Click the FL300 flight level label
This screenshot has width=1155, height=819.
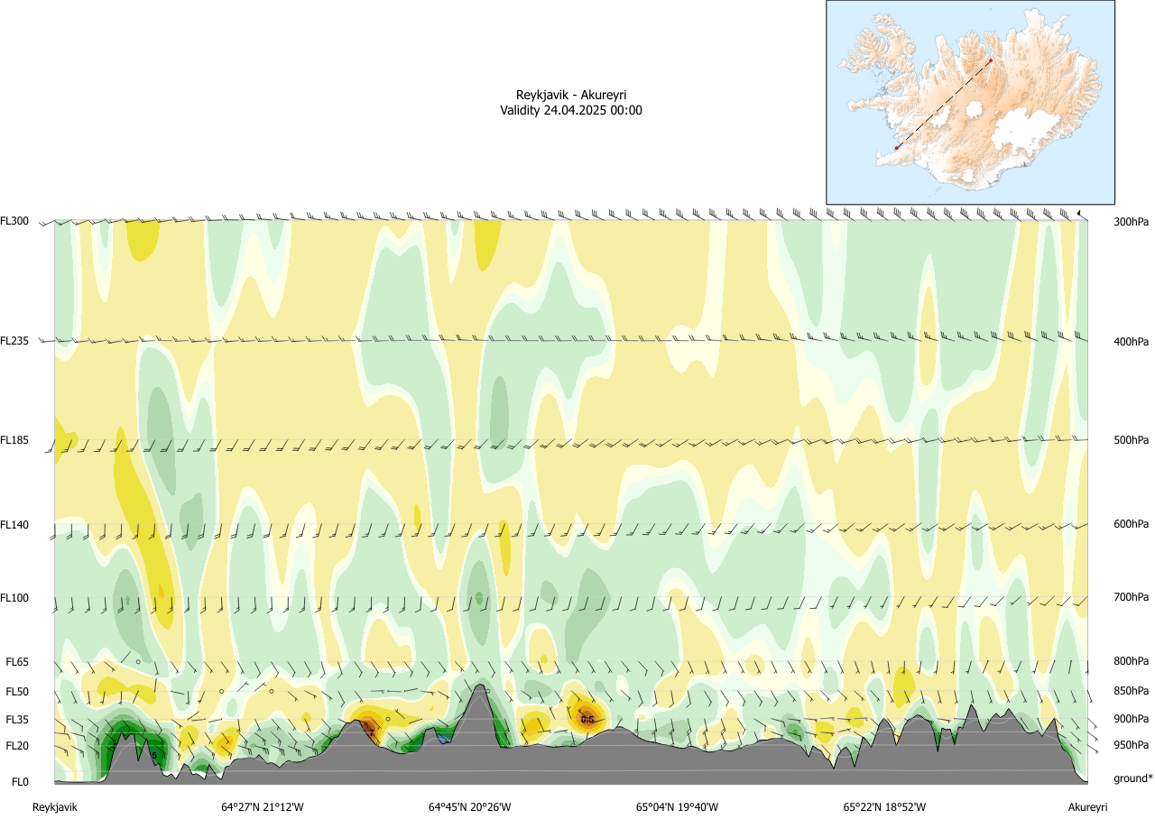(15, 221)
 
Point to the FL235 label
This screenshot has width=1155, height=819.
(15, 341)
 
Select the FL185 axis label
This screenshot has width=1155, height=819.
(15, 440)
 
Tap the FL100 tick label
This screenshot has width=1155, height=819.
(15, 598)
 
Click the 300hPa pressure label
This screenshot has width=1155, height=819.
(1131, 221)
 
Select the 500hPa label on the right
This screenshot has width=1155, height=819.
(1131, 440)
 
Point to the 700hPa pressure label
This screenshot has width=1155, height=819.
(1131, 598)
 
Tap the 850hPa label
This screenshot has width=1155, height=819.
(1131, 692)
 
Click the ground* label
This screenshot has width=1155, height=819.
(1133, 778)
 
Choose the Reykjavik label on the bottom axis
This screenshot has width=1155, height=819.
(56, 807)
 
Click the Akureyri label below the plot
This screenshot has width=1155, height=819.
(1087, 807)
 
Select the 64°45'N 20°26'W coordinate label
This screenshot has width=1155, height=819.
(470, 807)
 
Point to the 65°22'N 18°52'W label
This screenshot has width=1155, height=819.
(885, 807)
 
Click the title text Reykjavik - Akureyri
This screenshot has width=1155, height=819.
(571, 95)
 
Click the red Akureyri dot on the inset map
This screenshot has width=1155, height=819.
(991, 60)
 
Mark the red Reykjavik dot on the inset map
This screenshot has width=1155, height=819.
(896, 148)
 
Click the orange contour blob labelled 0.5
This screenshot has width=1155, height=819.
(587, 718)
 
